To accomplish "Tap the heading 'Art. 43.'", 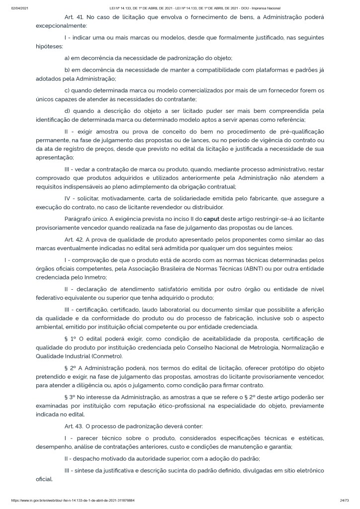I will (73, 425).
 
